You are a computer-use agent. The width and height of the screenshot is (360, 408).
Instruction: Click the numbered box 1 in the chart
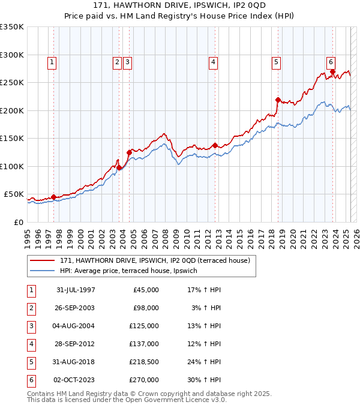coord(52,61)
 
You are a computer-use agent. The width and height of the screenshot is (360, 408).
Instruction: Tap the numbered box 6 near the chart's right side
coord(331,61)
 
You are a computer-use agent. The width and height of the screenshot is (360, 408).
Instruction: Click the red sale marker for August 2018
coord(278,100)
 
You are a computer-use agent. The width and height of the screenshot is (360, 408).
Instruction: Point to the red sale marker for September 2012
coord(215,145)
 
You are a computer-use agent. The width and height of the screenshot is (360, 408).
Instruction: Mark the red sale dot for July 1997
coord(53,197)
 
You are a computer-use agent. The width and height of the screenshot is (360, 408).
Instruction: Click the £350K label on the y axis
coord(12,27)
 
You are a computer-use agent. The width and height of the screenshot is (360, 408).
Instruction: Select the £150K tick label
coord(12,138)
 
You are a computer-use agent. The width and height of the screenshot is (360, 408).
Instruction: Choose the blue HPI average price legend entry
coord(133,271)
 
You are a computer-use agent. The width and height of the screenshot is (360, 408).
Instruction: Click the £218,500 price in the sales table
coord(144,362)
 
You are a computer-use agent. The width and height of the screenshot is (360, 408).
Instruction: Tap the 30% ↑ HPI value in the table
coord(204,380)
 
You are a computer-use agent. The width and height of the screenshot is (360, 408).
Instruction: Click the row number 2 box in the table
coord(31,308)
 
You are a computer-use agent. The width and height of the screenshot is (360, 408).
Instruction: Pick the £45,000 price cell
coord(146,290)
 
